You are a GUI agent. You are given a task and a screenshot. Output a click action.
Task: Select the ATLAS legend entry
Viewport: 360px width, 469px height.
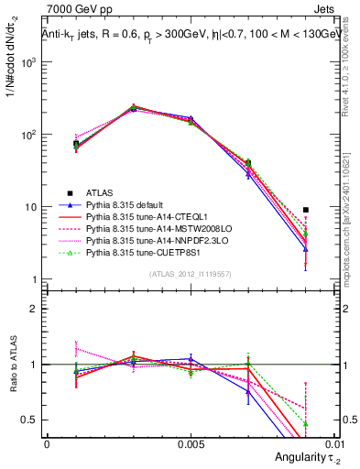[x=101, y=193]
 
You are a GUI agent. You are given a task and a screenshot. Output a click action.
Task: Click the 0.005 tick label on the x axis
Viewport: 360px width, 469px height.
[x=190, y=442]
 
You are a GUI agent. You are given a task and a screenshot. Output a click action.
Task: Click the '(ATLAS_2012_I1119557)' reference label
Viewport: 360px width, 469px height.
[x=191, y=274]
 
